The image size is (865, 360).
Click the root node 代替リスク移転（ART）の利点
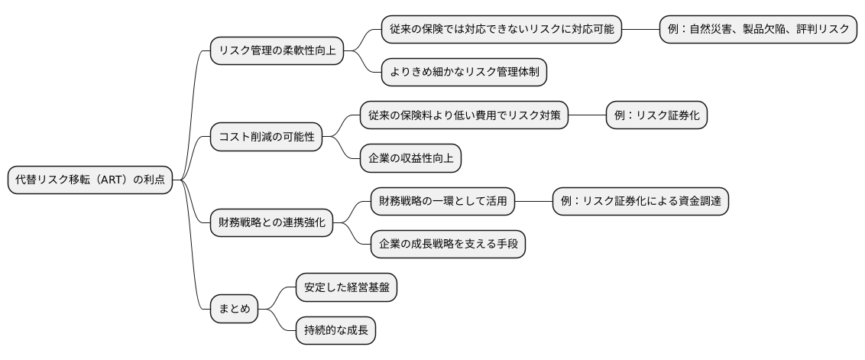click(x=90, y=180)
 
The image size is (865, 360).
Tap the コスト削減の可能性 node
click(x=266, y=138)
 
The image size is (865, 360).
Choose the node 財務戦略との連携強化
click(x=271, y=223)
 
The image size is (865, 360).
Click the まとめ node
click(x=234, y=310)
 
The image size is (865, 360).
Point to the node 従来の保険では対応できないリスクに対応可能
click(x=501, y=30)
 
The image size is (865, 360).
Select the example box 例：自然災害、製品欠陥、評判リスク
click(x=758, y=30)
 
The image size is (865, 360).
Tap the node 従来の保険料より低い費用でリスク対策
click(x=464, y=116)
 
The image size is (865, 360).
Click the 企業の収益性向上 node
click(x=411, y=159)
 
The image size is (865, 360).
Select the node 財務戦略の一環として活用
click(x=442, y=202)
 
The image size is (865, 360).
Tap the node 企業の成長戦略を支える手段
click(x=448, y=245)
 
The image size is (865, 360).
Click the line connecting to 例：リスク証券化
click(x=587, y=116)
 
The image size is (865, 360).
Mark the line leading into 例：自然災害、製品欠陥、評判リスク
click(x=640, y=30)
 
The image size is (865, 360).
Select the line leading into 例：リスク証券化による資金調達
click(x=533, y=202)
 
